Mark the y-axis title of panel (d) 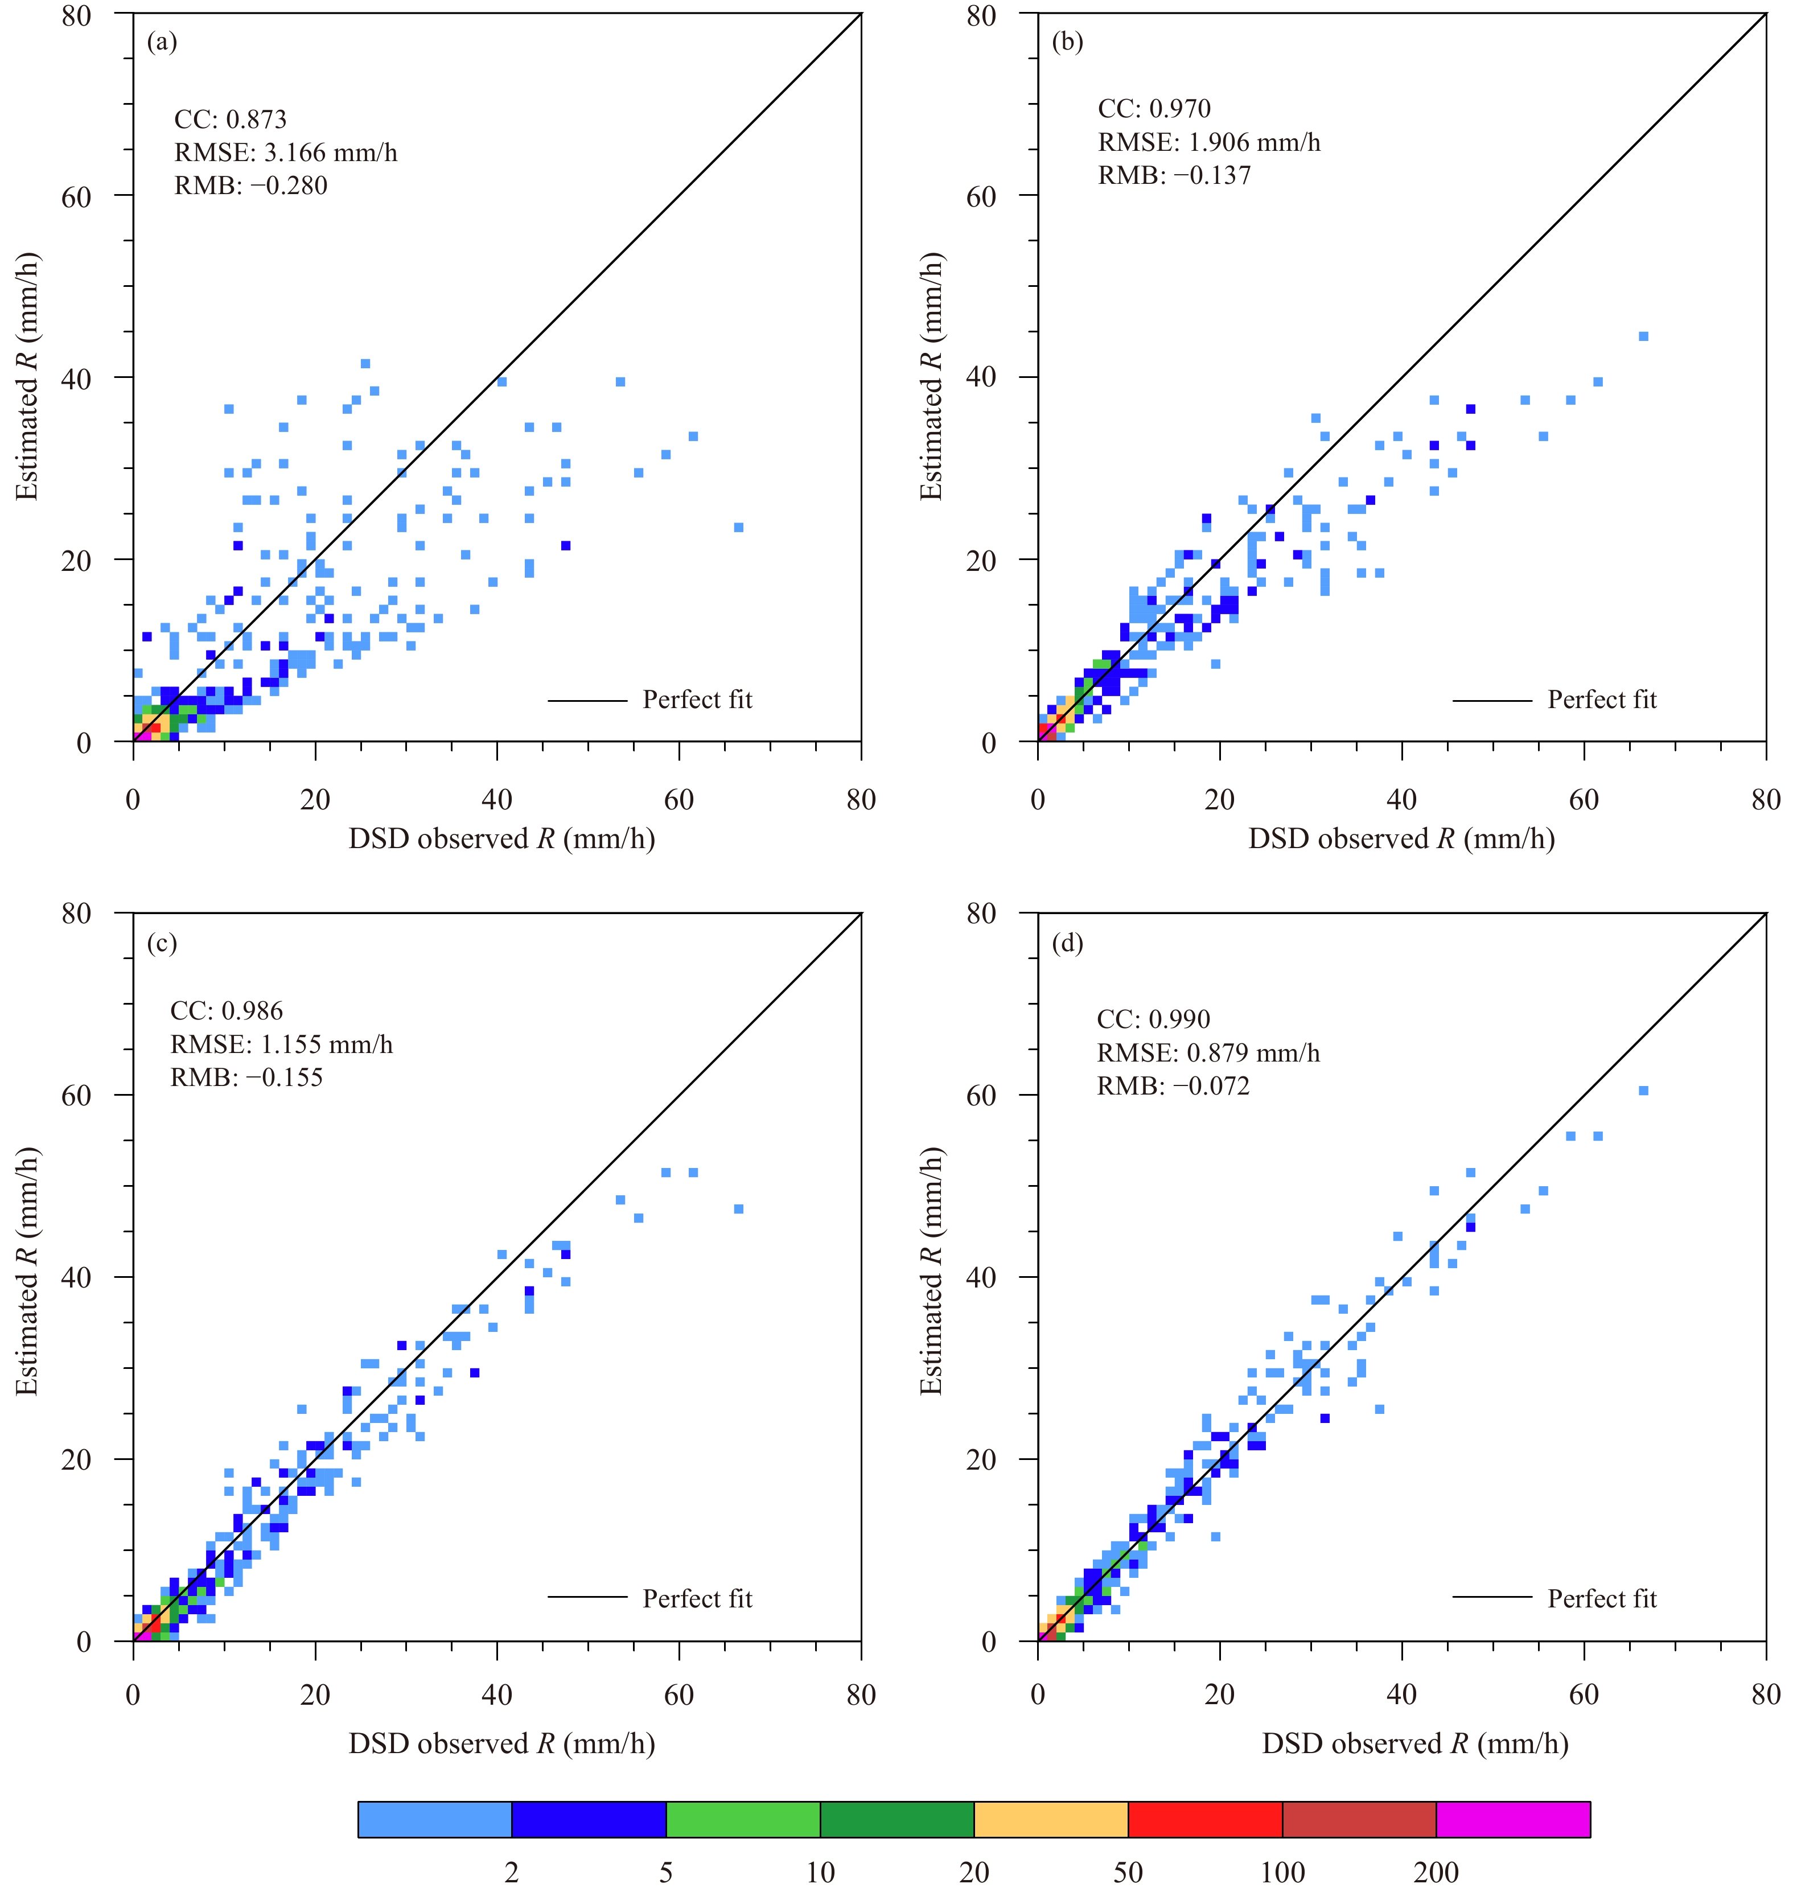[x=932, y=1271]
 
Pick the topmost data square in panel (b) [x=1643, y=336]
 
